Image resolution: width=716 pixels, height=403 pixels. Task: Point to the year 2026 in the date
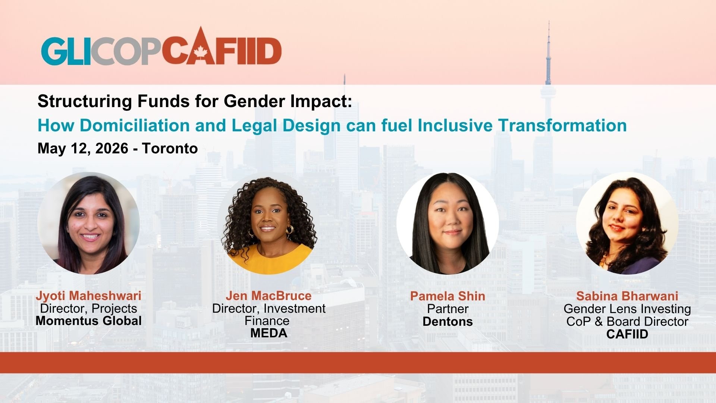click(x=112, y=149)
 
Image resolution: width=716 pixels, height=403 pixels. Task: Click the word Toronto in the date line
click(x=170, y=149)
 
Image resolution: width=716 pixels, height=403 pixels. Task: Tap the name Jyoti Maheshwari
click(x=88, y=296)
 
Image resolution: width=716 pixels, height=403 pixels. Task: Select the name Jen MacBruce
click(x=268, y=296)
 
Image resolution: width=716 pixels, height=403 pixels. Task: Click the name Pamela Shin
click(x=447, y=296)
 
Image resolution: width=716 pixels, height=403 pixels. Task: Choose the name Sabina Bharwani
click(x=627, y=296)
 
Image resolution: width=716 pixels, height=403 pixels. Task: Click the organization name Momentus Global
click(x=88, y=321)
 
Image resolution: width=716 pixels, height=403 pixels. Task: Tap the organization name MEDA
click(x=268, y=333)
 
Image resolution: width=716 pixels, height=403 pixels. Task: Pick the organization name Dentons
click(x=447, y=322)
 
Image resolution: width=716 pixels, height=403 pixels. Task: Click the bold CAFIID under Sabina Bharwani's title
click(x=627, y=334)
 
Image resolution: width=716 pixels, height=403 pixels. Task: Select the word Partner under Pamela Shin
click(x=447, y=309)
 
